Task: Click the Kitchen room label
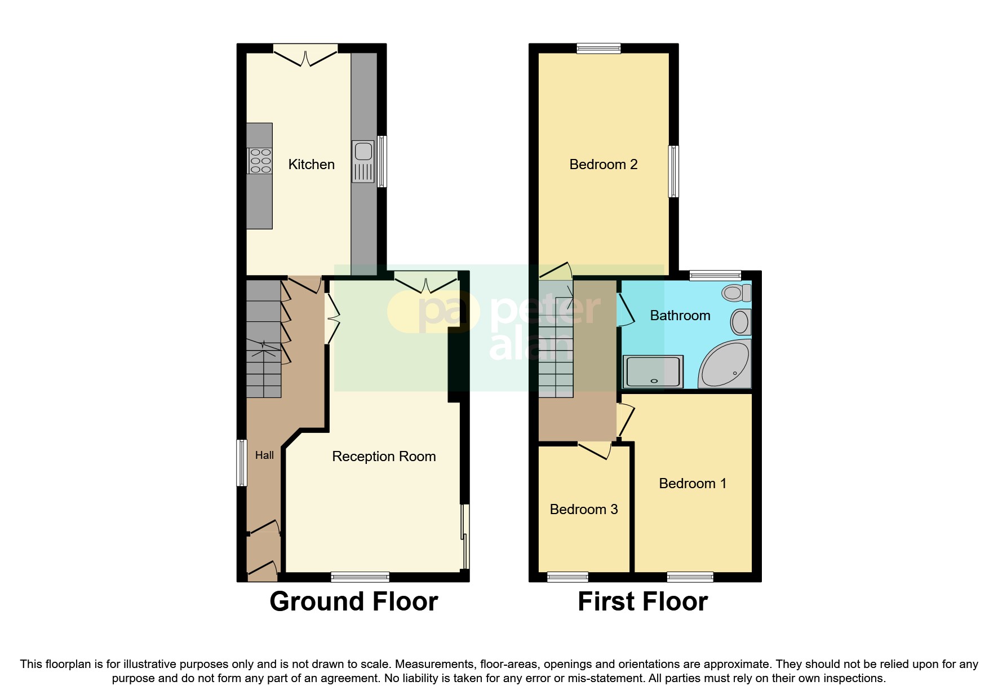pyautogui.click(x=311, y=164)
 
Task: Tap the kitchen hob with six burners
pyautogui.click(x=260, y=160)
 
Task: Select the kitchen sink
pyautogui.click(x=363, y=161)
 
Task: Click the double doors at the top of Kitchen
pyautogui.click(x=305, y=56)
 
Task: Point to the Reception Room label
pyautogui.click(x=384, y=456)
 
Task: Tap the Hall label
pyautogui.click(x=264, y=455)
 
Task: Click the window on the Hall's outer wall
pyautogui.click(x=241, y=462)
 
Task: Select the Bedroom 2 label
pyautogui.click(x=603, y=164)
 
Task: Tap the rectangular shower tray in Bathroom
pyautogui.click(x=653, y=371)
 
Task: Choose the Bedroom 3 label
pyautogui.click(x=583, y=509)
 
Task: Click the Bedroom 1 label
pyautogui.click(x=692, y=483)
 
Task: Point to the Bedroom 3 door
pyautogui.click(x=595, y=450)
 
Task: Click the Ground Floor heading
pyautogui.click(x=353, y=601)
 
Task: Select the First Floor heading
pyautogui.click(x=642, y=601)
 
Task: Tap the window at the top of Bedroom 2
pyautogui.click(x=598, y=49)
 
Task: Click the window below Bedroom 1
pyautogui.click(x=690, y=577)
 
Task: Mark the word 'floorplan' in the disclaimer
pyautogui.click(x=66, y=664)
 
